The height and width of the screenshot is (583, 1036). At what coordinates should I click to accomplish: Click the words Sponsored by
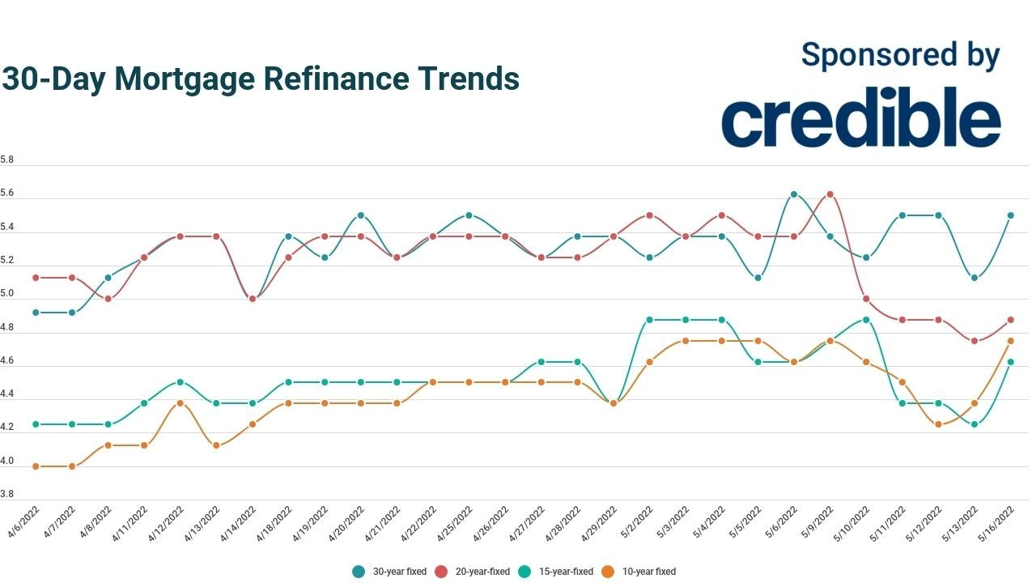(900, 55)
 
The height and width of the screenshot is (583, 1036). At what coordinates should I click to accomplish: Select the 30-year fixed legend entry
(391, 572)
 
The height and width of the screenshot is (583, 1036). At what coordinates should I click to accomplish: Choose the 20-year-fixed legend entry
(474, 572)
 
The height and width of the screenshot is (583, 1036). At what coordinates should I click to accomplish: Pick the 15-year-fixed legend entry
(558, 572)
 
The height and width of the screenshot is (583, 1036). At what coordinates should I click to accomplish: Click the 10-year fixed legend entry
(640, 572)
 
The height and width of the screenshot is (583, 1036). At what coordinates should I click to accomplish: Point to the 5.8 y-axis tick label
(6, 160)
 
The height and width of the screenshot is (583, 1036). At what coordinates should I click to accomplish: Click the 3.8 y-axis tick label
(6, 493)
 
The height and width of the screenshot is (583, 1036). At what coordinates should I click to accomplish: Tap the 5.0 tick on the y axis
(6, 293)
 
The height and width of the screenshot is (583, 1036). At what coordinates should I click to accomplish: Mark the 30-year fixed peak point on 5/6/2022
(794, 194)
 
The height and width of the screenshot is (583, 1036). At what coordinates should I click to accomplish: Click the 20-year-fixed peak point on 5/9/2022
(830, 194)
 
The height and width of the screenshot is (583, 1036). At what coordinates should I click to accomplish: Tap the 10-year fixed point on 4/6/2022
(36, 466)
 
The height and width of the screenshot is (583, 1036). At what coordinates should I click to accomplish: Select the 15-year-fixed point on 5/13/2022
(974, 424)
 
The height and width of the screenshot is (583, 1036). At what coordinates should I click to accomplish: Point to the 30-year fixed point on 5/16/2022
(1010, 215)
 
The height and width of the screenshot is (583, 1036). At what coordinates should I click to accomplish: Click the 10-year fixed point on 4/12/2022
(180, 403)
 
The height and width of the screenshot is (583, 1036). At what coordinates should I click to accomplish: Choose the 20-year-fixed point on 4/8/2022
(108, 299)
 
